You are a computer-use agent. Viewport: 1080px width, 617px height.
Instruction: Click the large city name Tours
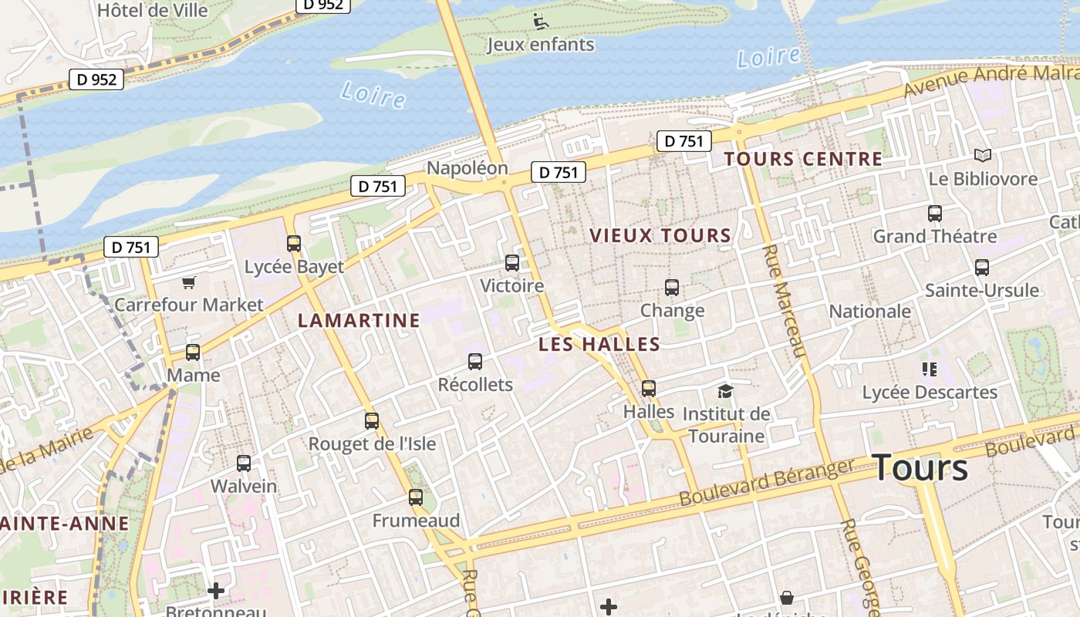pos(920,468)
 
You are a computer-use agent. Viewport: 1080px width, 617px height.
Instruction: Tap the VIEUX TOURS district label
pos(660,236)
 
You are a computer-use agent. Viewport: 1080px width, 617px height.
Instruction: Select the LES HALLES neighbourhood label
pos(599,344)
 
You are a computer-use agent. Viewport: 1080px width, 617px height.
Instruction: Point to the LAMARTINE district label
pos(359,320)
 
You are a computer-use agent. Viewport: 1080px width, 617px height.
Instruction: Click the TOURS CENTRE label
pos(803,160)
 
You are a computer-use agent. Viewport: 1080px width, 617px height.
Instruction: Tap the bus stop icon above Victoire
pos(512,263)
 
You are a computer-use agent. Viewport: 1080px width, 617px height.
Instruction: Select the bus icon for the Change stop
pos(672,288)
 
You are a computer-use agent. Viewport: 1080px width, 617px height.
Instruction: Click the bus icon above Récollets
pos(475,362)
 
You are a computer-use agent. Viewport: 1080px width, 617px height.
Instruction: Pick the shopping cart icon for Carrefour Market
pos(189,283)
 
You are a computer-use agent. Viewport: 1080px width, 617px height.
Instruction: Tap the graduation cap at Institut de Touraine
pos(725,392)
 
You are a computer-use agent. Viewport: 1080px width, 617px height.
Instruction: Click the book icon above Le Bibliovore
pos(982,156)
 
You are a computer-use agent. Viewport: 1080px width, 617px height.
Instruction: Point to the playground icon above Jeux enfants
pos(541,21)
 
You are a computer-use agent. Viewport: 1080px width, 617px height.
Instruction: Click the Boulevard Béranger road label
pos(767,483)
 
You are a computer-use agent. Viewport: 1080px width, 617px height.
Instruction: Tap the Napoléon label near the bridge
pos(467,168)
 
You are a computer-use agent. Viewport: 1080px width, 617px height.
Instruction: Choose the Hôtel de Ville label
pos(153,10)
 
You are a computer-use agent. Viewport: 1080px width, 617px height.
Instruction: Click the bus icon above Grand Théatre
pos(935,214)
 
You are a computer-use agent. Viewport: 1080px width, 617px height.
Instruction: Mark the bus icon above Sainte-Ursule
pos(982,268)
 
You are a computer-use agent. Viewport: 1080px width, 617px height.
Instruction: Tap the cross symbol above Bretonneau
pos(216,592)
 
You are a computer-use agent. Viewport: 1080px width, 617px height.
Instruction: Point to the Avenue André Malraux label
pos(991,79)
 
